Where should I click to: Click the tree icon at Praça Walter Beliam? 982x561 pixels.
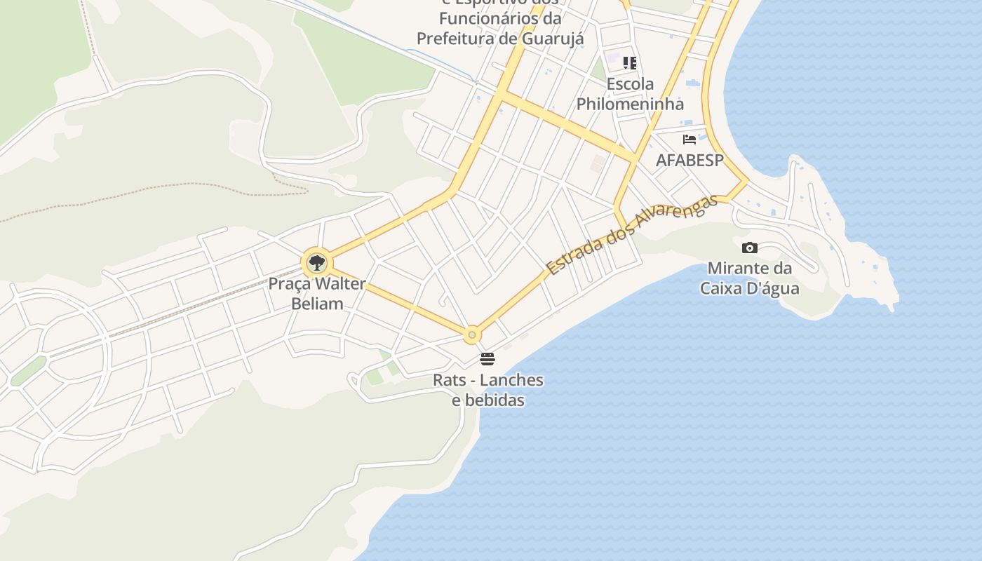[x=317, y=264]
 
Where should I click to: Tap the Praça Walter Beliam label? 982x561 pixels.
[x=317, y=294]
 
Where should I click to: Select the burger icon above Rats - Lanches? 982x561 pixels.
[x=487, y=359]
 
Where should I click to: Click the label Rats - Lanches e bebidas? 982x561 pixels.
[x=487, y=390]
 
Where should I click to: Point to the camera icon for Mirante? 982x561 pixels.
[x=749, y=248]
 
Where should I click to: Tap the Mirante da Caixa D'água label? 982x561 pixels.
[x=749, y=278]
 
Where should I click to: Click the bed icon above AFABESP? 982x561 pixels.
[x=690, y=140]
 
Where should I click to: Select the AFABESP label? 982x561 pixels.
[x=690, y=160]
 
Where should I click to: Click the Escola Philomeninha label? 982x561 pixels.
[x=630, y=94]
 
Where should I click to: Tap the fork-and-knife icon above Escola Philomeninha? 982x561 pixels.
[x=630, y=63]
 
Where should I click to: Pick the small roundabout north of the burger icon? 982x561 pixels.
[x=472, y=335]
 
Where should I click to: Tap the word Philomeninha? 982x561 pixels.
[x=630, y=104]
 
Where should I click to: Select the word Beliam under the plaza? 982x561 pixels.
[x=317, y=304]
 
